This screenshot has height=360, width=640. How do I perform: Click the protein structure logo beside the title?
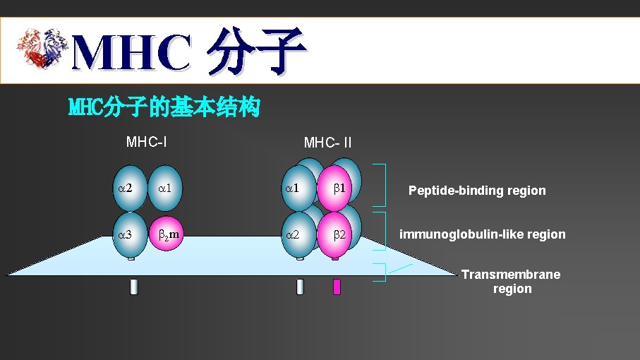point(42,49)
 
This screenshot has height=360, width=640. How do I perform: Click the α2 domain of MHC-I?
point(131,188)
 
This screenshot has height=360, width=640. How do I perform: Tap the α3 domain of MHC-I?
point(131,233)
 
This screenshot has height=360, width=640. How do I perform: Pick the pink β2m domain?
point(167,233)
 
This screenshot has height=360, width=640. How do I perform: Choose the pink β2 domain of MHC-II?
point(335,234)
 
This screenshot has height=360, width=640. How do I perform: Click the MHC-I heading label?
point(146,142)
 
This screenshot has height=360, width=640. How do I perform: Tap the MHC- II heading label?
point(327,143)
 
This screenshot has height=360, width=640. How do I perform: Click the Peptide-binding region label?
point(477,191)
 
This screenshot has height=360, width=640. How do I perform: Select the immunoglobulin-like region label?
point(483,234)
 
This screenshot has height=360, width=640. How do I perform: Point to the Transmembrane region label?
point(511,282)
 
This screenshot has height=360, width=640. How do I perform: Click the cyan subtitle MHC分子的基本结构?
point(164,108)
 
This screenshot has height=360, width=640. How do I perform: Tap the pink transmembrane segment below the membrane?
point(337,287)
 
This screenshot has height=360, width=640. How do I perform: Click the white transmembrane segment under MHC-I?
point(131,287)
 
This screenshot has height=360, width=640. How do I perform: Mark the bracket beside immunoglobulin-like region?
point(381,231)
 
